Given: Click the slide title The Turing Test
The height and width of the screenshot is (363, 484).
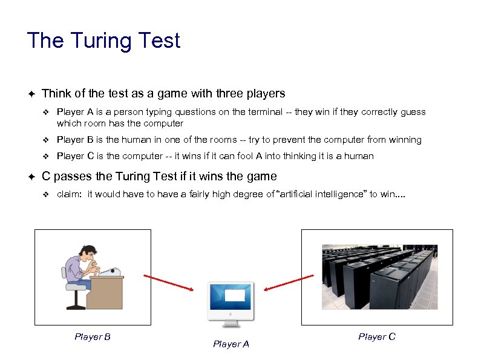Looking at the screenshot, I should coord(103,41).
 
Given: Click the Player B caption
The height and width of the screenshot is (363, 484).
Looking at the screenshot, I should coord(92,336).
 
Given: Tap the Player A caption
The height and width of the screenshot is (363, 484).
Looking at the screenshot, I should coord(231,344).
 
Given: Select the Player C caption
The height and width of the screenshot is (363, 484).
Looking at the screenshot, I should coord(376,336).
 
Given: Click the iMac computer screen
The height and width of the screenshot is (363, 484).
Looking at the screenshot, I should coord(231,296).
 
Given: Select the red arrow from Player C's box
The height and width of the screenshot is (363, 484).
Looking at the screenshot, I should coord(288,283).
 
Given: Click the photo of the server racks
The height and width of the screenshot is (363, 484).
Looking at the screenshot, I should coord(378,276).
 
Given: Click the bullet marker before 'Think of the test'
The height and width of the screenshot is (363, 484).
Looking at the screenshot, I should coord(31,94).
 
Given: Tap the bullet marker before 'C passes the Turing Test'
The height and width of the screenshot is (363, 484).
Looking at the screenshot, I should coord(31,177).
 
